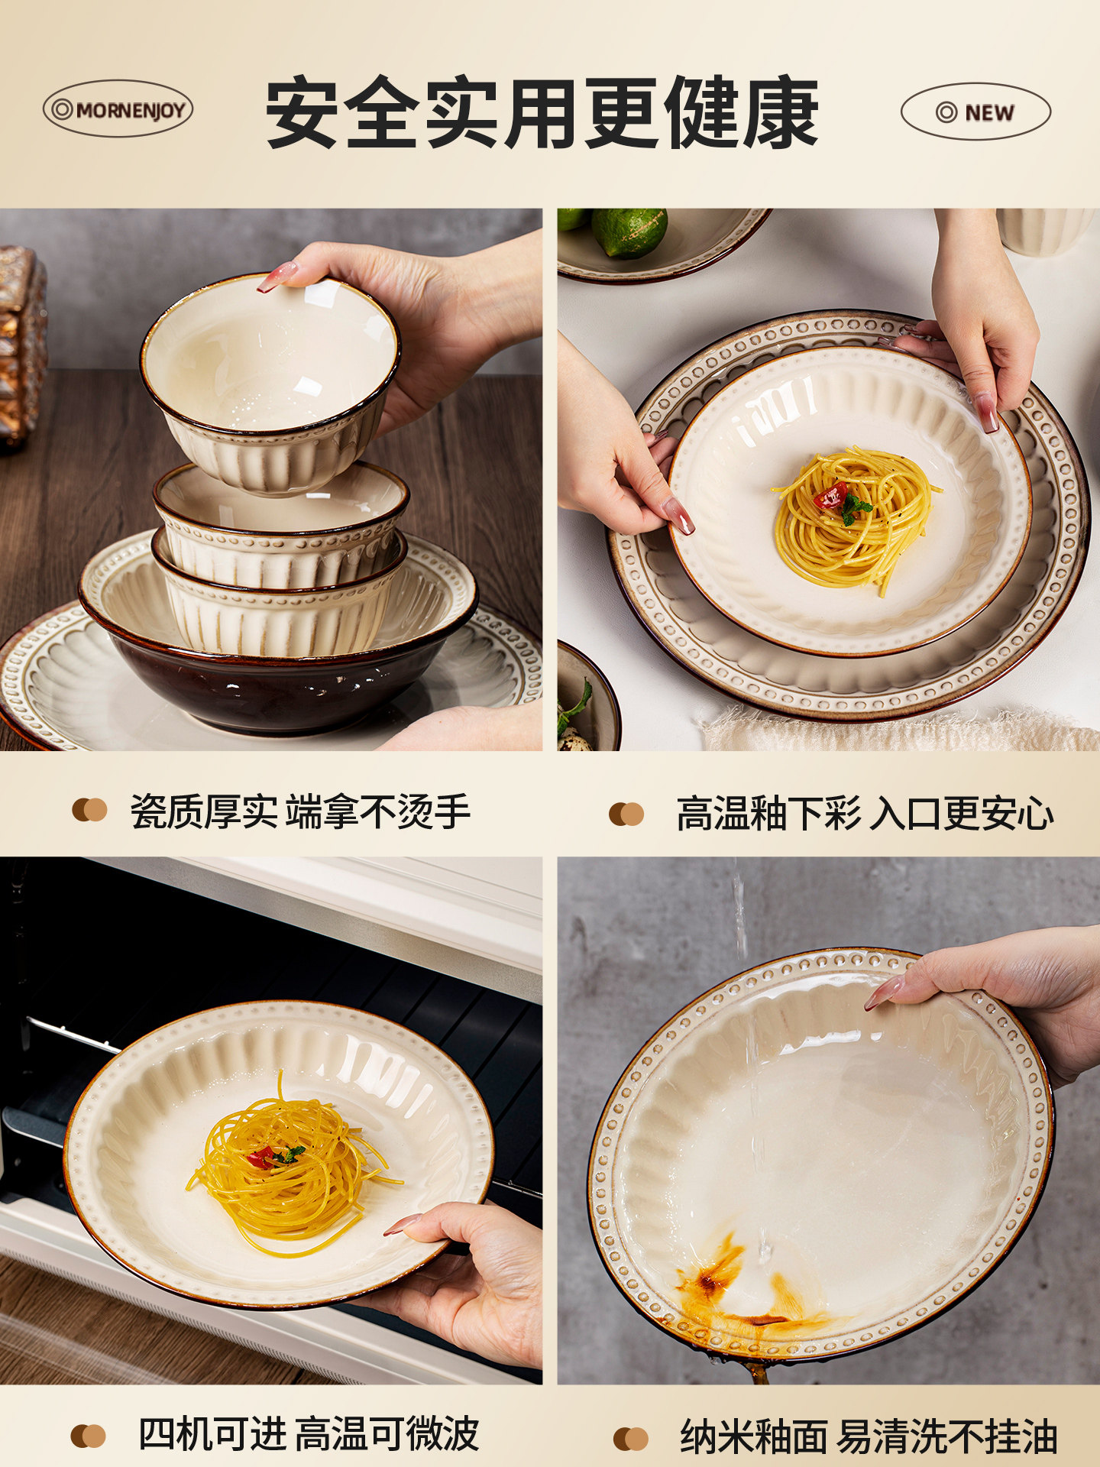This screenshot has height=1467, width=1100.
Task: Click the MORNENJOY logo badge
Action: click(x=118, y=109)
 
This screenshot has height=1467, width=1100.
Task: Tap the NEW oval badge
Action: click(x=975, y=112)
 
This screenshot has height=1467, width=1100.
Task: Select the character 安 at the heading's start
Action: click(x=303, y=112)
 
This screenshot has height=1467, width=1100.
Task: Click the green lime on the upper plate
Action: click(x=629, y=231)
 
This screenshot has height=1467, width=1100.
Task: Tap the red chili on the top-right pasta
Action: click(x=830, y=495)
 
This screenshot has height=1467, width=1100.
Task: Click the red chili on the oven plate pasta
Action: click(x=260, y=1157)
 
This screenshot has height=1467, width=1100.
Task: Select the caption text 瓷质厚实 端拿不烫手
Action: click(x=299, y=811)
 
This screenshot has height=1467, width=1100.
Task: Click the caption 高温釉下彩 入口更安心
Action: click(x=865, y=814)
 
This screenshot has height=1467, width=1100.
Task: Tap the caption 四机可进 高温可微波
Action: click(x=309, y=1433)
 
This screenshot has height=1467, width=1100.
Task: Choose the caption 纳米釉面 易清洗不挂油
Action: click(x=869, y=1436)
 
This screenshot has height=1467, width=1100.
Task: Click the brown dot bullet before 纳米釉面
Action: click(x=630, y=1438)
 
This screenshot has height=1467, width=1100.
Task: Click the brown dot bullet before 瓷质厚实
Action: click(x=89, y=810)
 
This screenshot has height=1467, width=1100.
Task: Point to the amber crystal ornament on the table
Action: click(x=21, y=344)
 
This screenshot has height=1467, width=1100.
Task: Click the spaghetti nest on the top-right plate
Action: click(x=853, y=520)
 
